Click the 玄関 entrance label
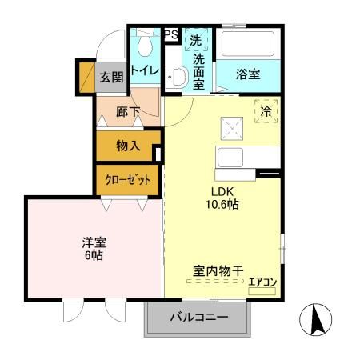(111, 77)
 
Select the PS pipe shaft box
(170, 34)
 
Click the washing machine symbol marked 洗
(195, 38)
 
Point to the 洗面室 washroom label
(198, 70)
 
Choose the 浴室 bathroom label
(247, 74)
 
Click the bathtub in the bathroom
(248, 42)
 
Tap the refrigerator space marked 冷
(266, 112)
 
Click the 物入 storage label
(128, 146)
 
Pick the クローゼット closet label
(128, 180)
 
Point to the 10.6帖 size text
(223, 205)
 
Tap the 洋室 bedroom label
(94, 242)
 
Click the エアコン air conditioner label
(262, 282)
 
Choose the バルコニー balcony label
(198, 318)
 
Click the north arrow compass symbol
(315, 322)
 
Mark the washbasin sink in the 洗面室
(178, 78)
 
